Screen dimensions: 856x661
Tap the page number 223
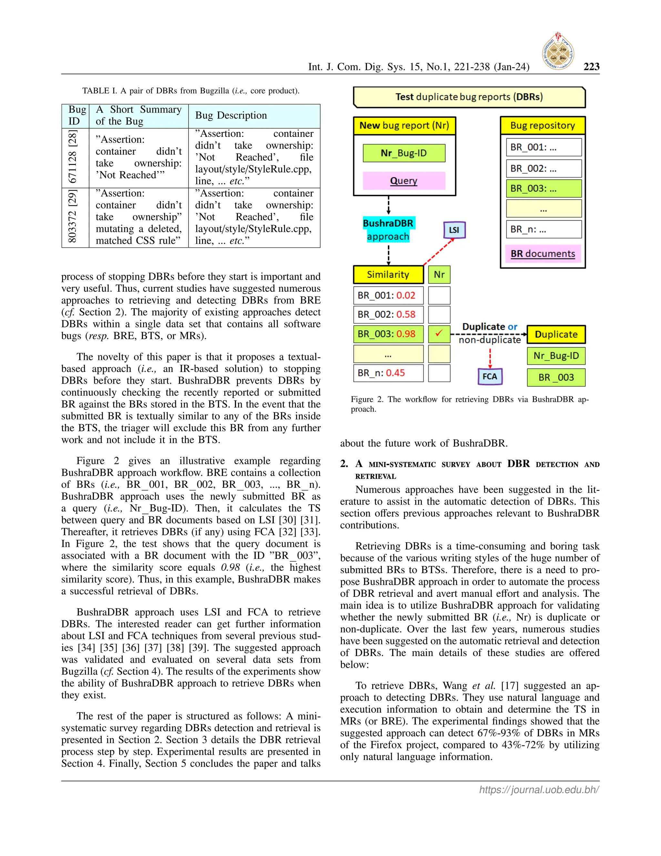coord(591,67)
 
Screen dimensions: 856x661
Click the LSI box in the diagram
coord(454,230)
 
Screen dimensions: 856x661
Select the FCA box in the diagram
coord(490,377)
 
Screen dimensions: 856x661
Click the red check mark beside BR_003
coord(439,334)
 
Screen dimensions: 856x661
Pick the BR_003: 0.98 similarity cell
coord(388,334)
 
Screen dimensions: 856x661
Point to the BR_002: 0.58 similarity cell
coord(388,314)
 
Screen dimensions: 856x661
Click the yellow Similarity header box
coord(388,274)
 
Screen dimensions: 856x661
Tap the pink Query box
coord(404,181)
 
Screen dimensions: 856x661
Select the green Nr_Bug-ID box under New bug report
coord(404,153)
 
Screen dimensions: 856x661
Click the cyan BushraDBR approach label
coord(388,230)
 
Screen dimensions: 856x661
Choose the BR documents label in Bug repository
coord(543,254)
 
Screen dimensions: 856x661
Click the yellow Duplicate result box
coord(556,334)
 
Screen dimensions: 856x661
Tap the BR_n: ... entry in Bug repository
coord(544,229)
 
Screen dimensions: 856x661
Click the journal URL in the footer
coord(539,789)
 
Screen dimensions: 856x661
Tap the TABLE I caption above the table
coord(191,91)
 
